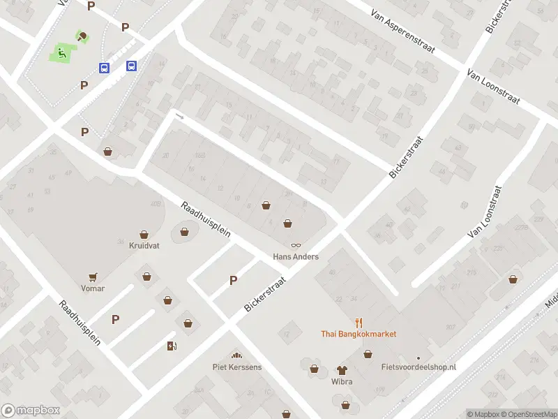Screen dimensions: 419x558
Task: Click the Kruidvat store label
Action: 144,246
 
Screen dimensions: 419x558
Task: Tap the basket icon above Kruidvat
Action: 144,235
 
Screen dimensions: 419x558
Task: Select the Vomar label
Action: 92,288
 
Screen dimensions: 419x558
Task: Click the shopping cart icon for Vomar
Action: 92,277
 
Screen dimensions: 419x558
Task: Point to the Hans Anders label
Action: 295,257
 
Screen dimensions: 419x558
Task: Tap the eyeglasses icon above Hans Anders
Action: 296,245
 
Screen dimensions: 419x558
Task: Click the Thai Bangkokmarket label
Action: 359,334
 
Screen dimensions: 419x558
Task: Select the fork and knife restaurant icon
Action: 359,322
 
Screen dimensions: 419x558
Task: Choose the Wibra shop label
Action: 342,382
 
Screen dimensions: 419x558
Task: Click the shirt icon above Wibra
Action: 342,370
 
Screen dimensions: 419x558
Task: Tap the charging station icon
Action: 172,346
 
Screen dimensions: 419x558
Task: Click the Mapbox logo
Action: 30,411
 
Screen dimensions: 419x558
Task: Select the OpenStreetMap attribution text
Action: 527,414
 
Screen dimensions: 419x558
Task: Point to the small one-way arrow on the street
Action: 181,116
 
